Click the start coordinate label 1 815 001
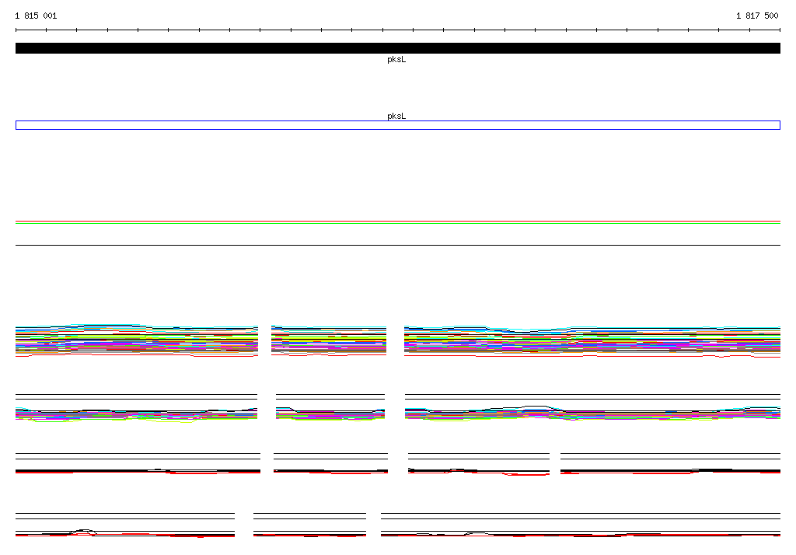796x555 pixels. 36,16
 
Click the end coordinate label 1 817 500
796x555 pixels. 757,16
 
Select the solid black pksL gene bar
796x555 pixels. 397,48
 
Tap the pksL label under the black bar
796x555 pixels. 396,59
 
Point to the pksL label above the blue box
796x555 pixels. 396,116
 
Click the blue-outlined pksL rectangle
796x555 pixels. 397,120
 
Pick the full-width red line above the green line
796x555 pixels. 397,222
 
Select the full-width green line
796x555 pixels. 397,223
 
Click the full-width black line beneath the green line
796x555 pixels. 397,246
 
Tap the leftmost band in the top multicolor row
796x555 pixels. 137,340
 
